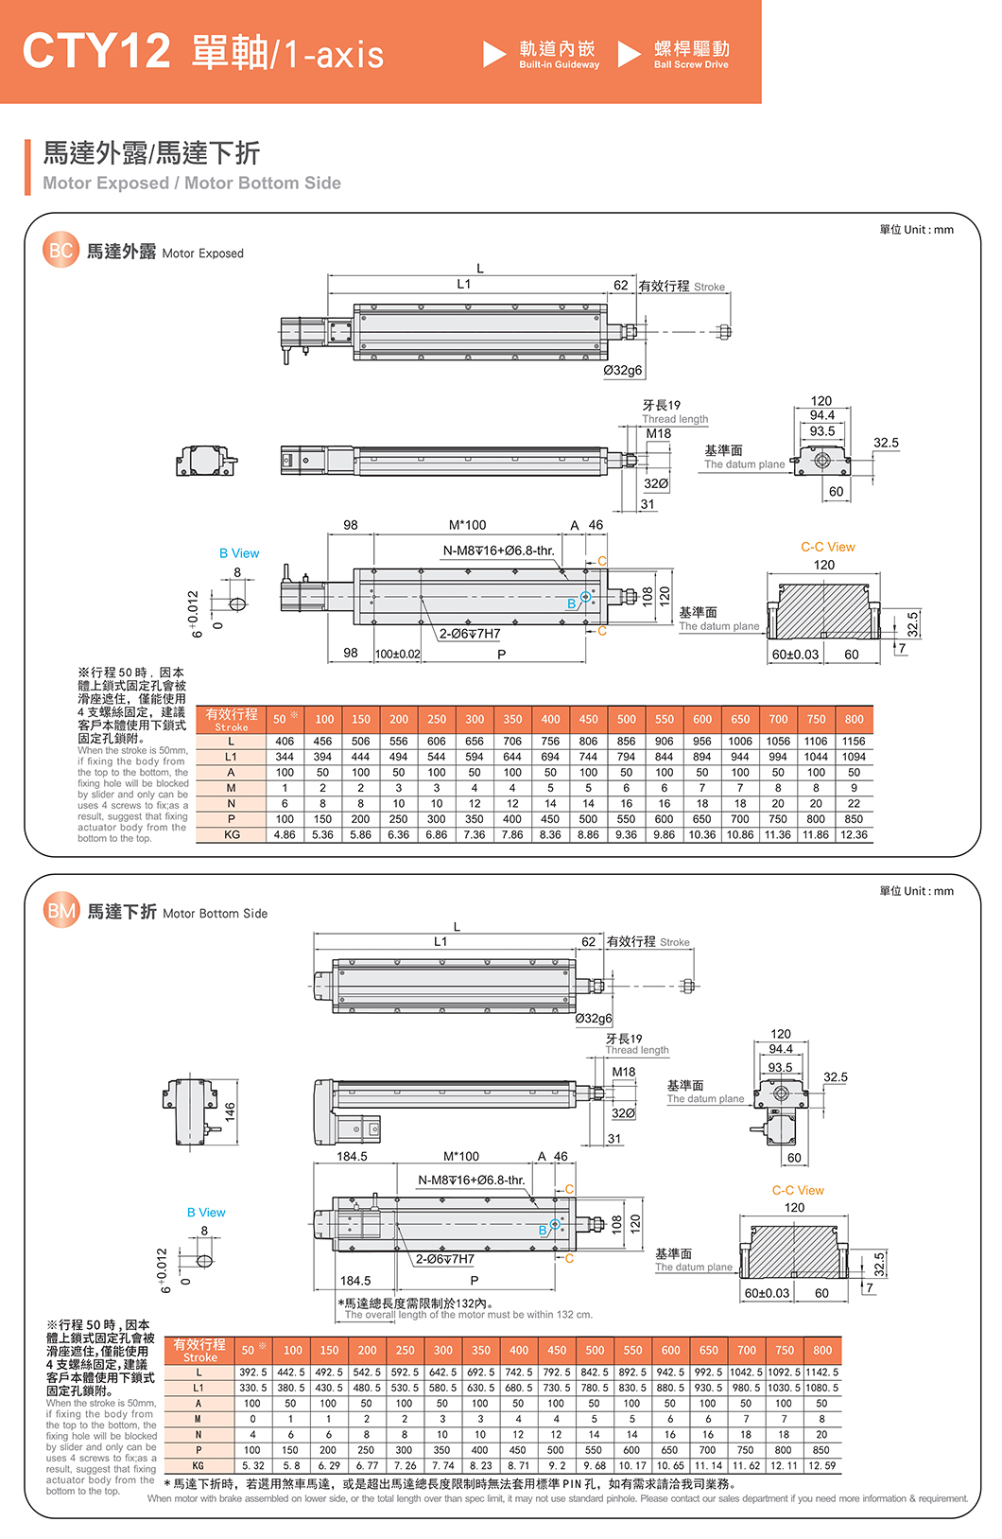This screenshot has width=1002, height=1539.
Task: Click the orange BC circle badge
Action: (60, 251)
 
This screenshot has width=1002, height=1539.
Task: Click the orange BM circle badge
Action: (61, 911)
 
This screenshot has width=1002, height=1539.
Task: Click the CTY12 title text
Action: (96, 51)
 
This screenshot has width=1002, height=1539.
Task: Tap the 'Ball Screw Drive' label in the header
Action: (691, 65)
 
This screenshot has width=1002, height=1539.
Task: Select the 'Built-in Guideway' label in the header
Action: (559, 65)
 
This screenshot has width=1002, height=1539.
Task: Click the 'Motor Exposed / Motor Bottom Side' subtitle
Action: (192, 184)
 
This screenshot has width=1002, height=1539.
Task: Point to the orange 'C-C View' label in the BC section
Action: (827, 547)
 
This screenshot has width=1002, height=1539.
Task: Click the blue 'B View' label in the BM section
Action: (206, 1212)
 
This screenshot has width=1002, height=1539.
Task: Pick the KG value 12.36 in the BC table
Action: (854, 835)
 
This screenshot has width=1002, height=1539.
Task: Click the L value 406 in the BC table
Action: (285, 742)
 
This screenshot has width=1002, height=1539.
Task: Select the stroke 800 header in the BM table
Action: (822, 1351)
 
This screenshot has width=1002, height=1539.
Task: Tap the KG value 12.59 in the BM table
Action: (822, 1465)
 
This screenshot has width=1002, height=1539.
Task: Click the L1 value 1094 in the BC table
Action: (854, 757)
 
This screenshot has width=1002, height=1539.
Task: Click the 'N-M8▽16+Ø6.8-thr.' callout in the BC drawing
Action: (499, 551)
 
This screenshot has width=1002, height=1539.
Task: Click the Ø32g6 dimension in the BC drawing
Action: (623, 370)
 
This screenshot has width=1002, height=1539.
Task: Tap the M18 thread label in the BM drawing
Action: (624, 1072)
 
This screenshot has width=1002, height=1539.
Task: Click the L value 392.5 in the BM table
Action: (252, 1372)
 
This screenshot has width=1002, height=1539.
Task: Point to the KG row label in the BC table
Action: (232, 835)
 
